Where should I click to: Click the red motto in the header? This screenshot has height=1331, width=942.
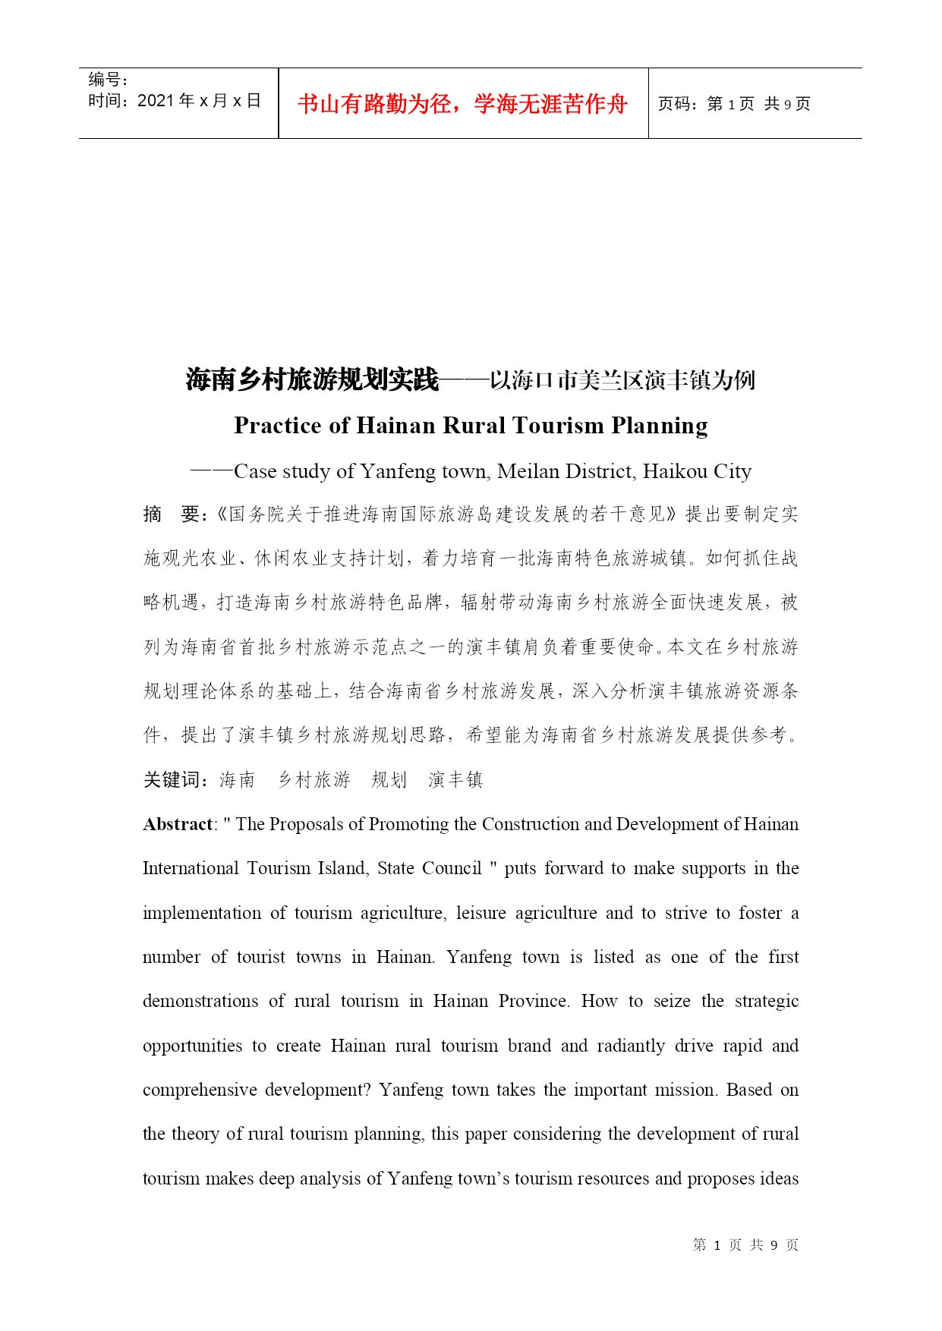[462, 104]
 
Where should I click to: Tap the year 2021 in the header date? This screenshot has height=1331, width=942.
[156, 101]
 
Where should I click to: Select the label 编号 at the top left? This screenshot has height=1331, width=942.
[105, 80]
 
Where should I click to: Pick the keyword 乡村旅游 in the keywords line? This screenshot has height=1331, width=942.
[313, 779]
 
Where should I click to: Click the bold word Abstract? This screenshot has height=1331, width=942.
[178, 824]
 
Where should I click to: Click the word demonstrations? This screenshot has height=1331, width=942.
[200, 1001]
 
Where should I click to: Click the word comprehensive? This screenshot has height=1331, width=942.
[200, 1090]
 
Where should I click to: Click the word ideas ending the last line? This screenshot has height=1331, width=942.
[779, 1178]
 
